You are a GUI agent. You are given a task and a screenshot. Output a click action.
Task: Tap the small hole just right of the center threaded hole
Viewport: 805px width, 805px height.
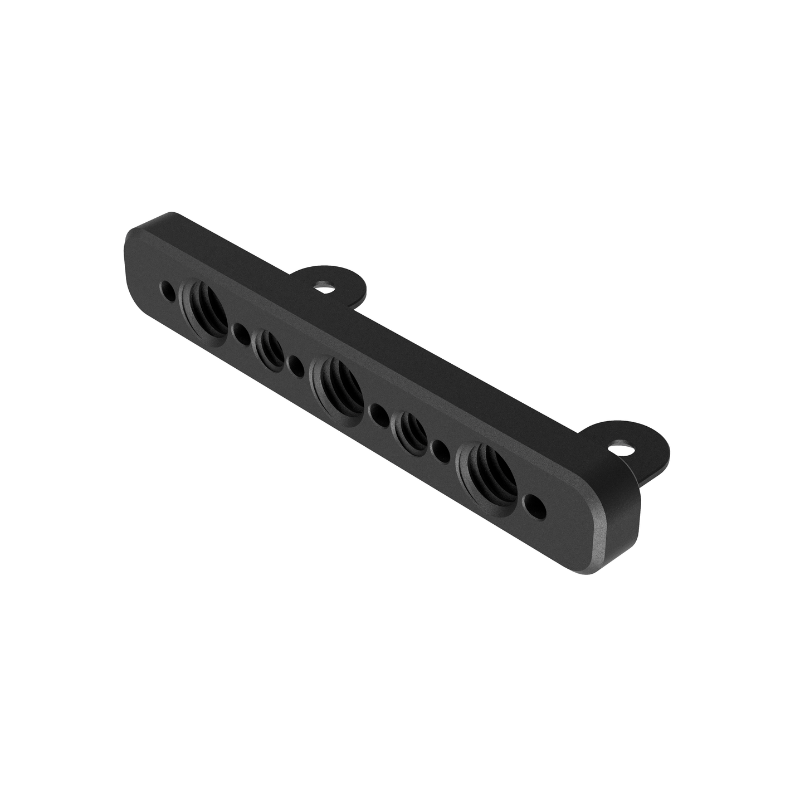coord(378,413)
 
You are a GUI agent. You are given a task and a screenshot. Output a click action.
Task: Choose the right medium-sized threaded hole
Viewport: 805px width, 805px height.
coord(410,430)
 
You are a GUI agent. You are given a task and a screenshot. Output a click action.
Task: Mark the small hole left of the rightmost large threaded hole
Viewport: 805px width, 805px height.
coord(441,449)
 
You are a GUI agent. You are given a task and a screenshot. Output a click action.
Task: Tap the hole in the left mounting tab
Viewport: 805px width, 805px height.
coord(323,287)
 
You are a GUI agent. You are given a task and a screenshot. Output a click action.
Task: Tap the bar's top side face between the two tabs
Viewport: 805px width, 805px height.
coord(479,368)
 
